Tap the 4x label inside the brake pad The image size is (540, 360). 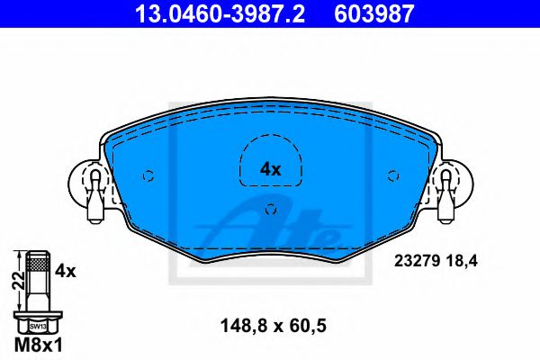tap(270, 168)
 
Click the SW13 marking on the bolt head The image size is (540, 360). tap(37, 327)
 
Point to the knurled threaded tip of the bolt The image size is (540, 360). tap(37, 263)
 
